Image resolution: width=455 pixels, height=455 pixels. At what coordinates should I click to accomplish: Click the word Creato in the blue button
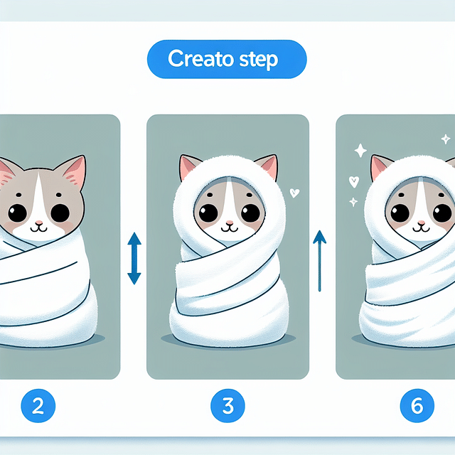200,59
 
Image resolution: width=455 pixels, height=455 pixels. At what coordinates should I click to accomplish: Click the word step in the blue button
262,60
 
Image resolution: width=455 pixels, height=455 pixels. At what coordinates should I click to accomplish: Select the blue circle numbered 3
227,407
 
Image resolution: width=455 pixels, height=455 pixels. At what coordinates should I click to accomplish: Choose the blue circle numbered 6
417,407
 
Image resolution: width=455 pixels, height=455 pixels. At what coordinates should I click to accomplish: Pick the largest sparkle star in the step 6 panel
360,151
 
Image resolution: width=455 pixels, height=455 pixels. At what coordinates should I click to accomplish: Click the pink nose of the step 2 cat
39,223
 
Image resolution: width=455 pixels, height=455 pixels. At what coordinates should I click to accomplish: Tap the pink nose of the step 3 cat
227,223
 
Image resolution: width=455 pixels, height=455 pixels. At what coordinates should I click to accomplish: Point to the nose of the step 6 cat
422,223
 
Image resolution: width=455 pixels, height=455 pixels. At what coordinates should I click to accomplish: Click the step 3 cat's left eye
208,213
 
